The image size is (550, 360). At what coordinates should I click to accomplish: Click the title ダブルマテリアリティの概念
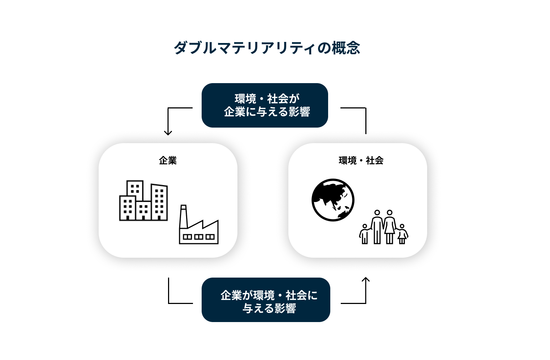click(267, 48)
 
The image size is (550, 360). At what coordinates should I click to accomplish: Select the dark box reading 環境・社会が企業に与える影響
click(265, 105)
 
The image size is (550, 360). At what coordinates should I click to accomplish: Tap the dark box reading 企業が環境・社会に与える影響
click(266, 300)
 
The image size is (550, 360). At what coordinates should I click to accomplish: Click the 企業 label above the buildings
click(168, 160)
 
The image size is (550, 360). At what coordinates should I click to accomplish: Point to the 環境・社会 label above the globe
click(361, 160)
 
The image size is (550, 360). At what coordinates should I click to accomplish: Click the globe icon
click(333, 200)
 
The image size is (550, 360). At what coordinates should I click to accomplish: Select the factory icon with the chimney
click(199, 228)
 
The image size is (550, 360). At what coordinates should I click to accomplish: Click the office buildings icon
click(143, 201)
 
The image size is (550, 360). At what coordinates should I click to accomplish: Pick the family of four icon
click(383, 227)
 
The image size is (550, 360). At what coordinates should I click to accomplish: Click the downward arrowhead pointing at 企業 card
click(168, 133)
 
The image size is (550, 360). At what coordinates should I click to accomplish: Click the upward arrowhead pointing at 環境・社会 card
click(366, 279)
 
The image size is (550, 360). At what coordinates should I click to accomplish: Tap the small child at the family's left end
click(365, 234)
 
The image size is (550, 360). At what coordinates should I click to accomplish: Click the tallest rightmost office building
click(159, 202)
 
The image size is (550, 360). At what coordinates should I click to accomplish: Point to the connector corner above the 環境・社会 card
click(366, 108)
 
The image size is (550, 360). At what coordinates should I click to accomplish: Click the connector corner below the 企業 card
click(169, 303)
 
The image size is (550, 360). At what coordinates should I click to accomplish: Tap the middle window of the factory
click(199, 237)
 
